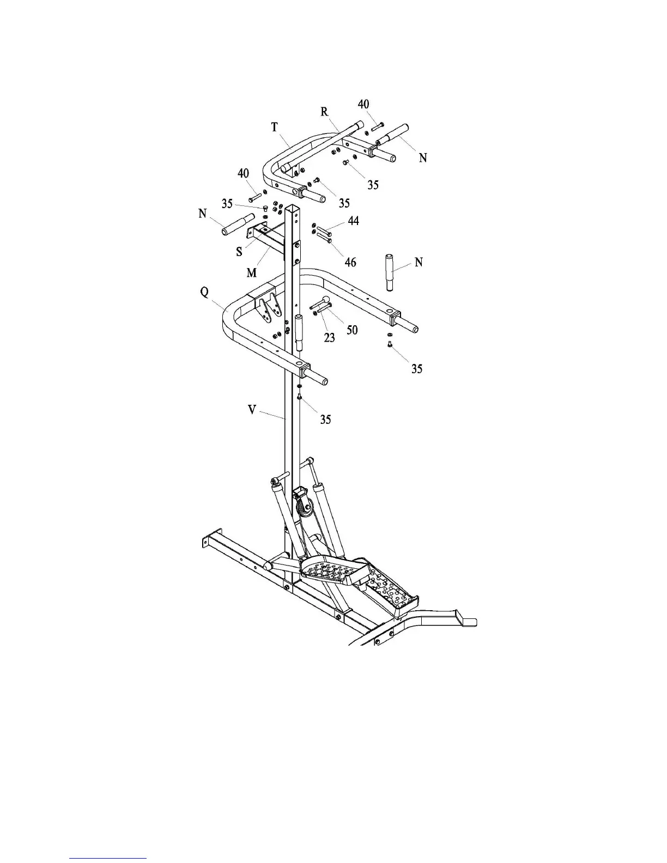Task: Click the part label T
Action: [275, 127]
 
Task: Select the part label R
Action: [325, 112]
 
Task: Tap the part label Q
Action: [204, 292]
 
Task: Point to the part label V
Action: [252, 409]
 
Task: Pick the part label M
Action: [251, 272]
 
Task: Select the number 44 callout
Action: [354, 221]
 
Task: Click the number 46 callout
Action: [350, 262]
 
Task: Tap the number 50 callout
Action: [353, 329]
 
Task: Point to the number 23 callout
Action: [329, 338]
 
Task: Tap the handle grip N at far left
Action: [238, 225]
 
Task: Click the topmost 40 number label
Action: [363, 104]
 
